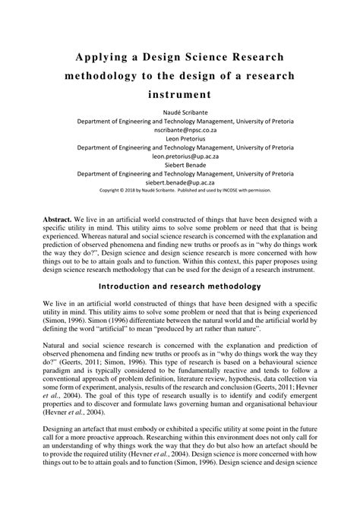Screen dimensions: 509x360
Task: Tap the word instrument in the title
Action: click(x=180, y=96)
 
